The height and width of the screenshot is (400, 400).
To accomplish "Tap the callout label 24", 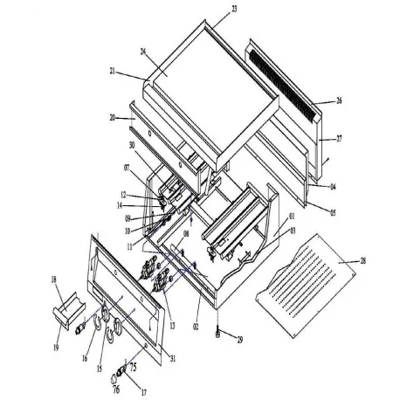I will (143, 52).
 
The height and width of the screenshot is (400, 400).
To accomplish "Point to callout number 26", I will (338, 100).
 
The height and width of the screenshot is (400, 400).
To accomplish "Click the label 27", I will (338, 138).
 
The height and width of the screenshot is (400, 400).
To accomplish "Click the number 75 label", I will (134, 368).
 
